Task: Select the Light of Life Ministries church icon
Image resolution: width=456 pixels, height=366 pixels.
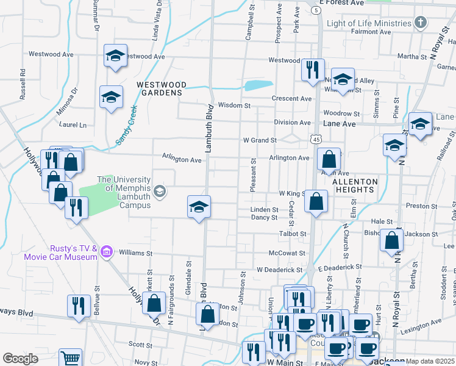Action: click(420, 24)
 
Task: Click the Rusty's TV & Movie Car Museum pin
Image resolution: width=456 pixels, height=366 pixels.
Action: click(107, 251)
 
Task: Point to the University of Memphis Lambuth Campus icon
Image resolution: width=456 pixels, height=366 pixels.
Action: click(160, 192)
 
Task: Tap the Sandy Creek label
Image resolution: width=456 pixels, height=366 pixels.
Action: click(126, 126)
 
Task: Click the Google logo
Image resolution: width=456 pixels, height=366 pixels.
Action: click(20, 358)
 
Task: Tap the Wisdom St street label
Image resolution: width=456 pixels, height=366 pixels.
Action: click(235, 106)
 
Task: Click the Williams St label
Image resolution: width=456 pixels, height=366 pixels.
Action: click(135, 253)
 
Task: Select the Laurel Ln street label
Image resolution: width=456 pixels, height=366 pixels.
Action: click(73, 125)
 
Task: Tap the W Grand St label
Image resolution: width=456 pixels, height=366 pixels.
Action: click(260, 140)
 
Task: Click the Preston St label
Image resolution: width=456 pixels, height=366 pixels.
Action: click(418, 206)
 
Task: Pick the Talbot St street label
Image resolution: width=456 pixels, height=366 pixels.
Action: click(293, 234)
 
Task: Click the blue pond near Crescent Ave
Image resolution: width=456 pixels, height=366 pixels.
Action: click(258, 85)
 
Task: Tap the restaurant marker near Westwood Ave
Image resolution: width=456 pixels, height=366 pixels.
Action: click(313, 69)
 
